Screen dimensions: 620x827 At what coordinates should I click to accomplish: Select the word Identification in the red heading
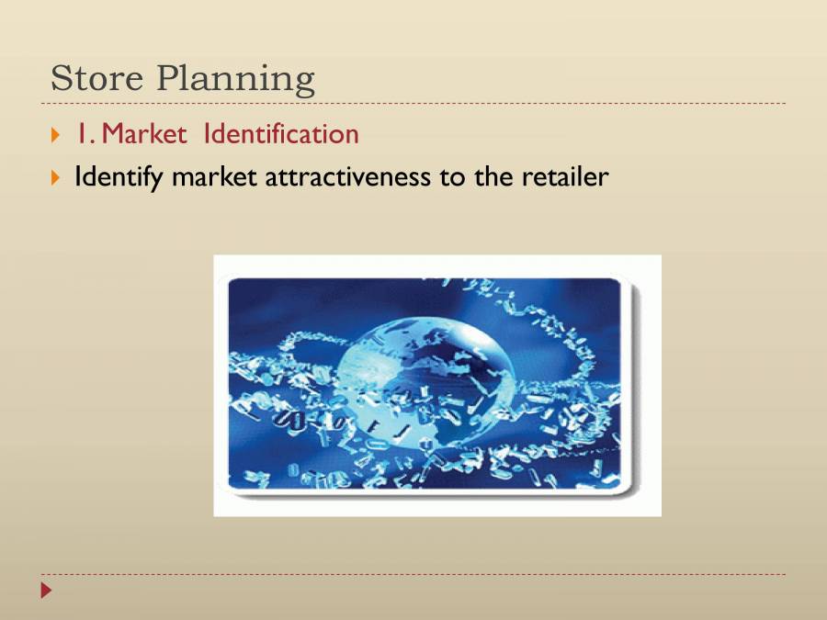[281, 134]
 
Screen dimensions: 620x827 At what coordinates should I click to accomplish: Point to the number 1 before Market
[81, 134]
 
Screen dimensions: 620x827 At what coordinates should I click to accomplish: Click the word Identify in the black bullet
[113, 176]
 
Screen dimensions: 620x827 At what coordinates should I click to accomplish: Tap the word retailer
[565, 176]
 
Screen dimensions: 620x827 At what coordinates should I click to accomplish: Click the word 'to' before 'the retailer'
[453, 176]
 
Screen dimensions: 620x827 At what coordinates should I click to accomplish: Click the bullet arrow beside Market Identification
[55, 135]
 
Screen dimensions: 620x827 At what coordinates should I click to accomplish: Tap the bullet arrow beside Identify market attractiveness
[55, 176]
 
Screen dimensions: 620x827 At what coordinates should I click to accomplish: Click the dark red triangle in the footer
[47, 590]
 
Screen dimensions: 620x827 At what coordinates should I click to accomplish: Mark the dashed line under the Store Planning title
[413, 104]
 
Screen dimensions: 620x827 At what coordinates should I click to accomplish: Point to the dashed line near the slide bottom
[413, 575]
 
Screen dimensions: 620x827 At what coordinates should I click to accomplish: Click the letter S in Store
[62, 78]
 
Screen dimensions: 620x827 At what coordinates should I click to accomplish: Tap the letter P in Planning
[167, 78]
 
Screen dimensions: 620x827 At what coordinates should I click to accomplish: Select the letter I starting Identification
[208, 134]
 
